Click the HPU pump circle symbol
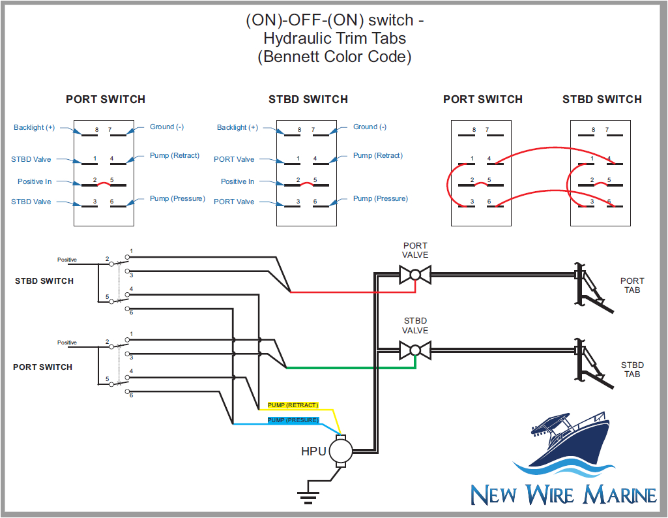coord(340,450)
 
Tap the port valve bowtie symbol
coord(414,274)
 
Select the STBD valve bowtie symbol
coord(414,350)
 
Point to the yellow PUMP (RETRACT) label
coord(293,405)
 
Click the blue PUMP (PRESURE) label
coord(293,420)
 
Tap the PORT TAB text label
coord(632,285)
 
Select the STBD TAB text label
coord(632,369)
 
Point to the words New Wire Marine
coord(563,494)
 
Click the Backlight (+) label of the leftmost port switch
coord(34,127)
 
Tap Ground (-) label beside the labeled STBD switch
coord(370,127)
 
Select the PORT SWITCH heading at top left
coord(106,99)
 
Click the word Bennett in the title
coord(293,57)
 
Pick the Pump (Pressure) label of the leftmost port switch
coord(177,198)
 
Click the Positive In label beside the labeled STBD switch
coord(237,181)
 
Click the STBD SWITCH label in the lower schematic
coord(44,281)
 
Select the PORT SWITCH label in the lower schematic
coord(42,367)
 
